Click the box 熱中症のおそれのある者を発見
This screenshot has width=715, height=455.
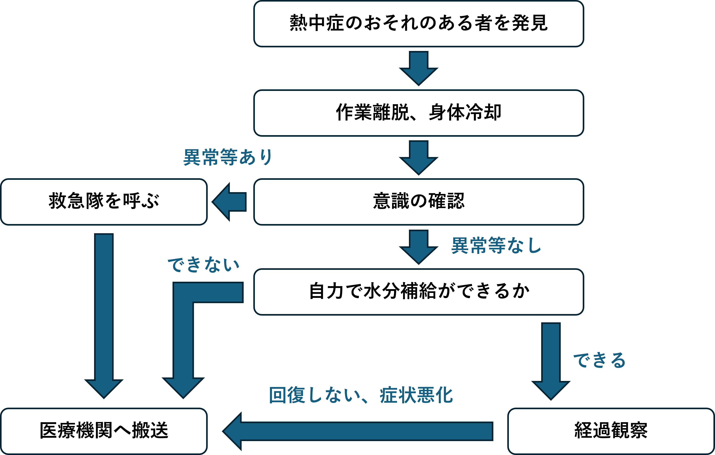click(x=419, y=24)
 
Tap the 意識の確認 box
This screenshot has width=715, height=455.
click(x=419, y=202)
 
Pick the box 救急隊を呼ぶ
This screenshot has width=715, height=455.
click(x=104, y=202)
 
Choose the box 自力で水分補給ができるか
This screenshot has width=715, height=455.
click(x=419, y=292)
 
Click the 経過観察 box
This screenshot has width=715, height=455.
click(x=611, y=431)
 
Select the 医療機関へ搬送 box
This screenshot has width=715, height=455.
click(x=104, y=431)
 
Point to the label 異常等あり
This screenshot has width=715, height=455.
click(x=228, y=157)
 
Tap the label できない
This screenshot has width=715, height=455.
click(x=204, y=264)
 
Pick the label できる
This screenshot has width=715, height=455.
click(x=600, y=360)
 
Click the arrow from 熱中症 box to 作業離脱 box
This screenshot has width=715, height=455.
click(x=419, y=68)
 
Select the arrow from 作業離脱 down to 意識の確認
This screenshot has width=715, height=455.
click(x=419, y=158)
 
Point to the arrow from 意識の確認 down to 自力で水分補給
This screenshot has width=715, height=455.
click(x=419, y=247)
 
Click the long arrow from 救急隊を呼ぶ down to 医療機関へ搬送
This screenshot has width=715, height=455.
click(x=104, y=316)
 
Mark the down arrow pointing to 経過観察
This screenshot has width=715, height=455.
click(x=551, y=361)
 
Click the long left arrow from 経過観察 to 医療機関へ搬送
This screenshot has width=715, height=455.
click(x=358, y=431)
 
